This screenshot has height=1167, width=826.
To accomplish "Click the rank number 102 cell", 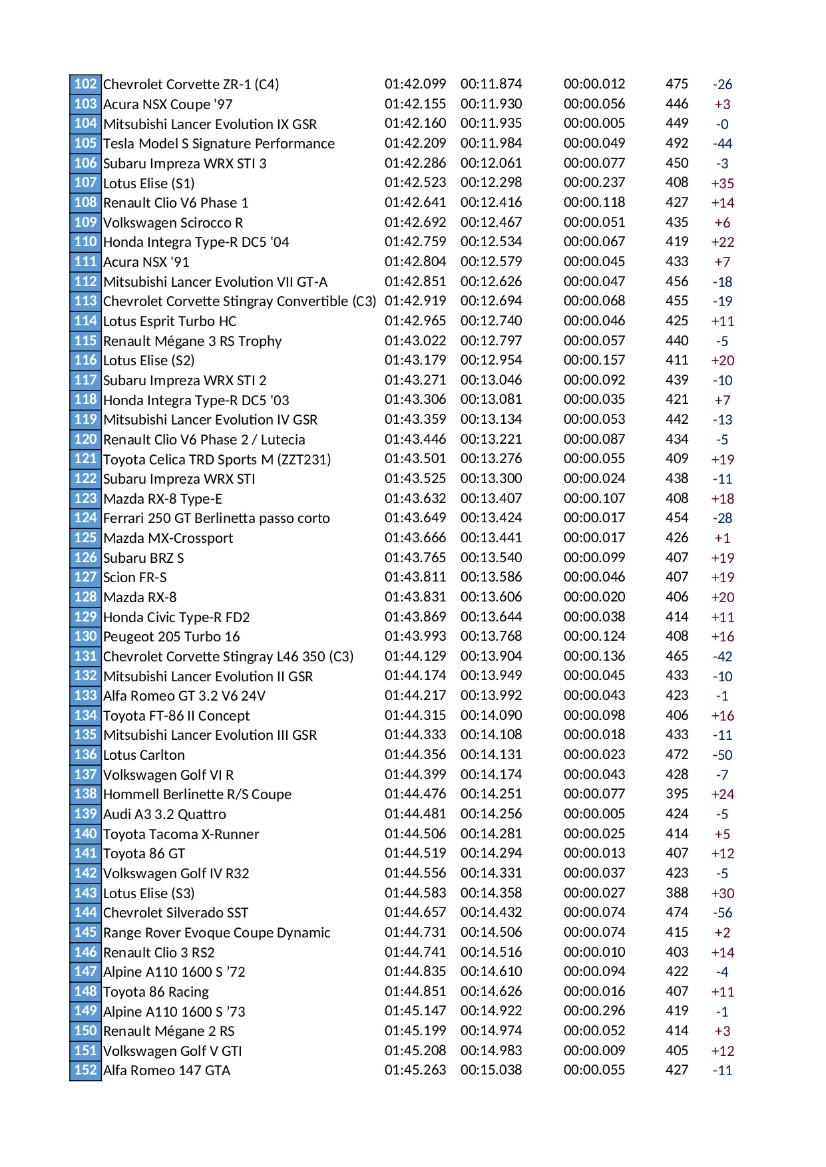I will click(85, 84).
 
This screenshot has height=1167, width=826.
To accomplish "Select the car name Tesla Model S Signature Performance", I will click(218, 144).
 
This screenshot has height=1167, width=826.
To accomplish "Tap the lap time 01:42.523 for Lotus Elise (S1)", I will click(415, 182).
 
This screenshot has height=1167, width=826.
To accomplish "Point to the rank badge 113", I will click(85, 301).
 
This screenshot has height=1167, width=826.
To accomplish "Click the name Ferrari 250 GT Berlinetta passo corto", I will click(216, 518).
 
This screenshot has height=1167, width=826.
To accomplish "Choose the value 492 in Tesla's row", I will click(676, 143).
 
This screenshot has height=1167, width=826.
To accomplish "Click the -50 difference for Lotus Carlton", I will click(722, 755).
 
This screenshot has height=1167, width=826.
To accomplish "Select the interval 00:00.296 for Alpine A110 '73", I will click(594, 1011).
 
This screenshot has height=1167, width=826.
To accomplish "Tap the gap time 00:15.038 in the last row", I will click(491, 1070).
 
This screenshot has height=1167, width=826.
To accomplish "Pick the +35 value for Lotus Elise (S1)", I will click(722, 183).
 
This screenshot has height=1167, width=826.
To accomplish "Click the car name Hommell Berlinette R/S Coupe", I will click(197, 794).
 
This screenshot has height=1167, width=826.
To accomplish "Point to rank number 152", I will click(85, 1070).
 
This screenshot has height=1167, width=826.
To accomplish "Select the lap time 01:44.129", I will click(415, 656).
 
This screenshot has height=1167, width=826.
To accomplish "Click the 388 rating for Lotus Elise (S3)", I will click(676, 893).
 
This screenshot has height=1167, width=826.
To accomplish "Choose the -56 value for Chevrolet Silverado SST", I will click(722, 913).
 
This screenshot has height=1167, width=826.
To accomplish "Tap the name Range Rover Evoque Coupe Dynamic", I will click(216, 933).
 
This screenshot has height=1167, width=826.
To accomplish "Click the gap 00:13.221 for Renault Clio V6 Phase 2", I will click(491, 439).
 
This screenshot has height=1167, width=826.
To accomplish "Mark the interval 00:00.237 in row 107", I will click(594, 182).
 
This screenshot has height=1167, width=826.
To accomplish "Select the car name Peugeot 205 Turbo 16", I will click(171, 637).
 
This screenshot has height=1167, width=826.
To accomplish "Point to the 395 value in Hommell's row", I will click(676, 794).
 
